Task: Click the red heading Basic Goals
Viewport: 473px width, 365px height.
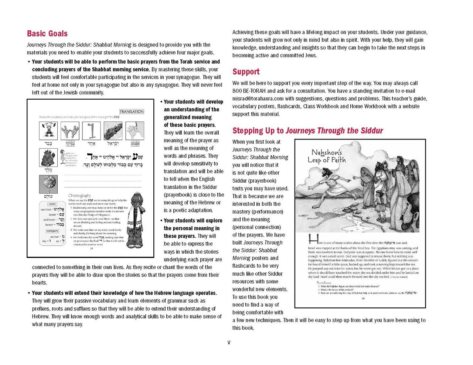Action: point(47,34)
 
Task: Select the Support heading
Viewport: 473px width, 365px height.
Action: point(246,72)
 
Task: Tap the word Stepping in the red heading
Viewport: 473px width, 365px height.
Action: point(246,131)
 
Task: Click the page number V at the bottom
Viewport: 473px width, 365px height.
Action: point(229,342)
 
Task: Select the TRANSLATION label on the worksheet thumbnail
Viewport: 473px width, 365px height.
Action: point(132,111)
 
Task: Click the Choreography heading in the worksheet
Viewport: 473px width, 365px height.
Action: point(79,195)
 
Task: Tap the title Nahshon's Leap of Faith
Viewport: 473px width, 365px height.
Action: point(326,156)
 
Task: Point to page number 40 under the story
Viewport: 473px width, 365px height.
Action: point(363,298)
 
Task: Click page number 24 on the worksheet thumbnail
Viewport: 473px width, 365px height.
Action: point(91,248)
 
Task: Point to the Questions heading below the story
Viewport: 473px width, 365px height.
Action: point(324,282)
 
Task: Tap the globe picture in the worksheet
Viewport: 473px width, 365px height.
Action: point(48,184)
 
